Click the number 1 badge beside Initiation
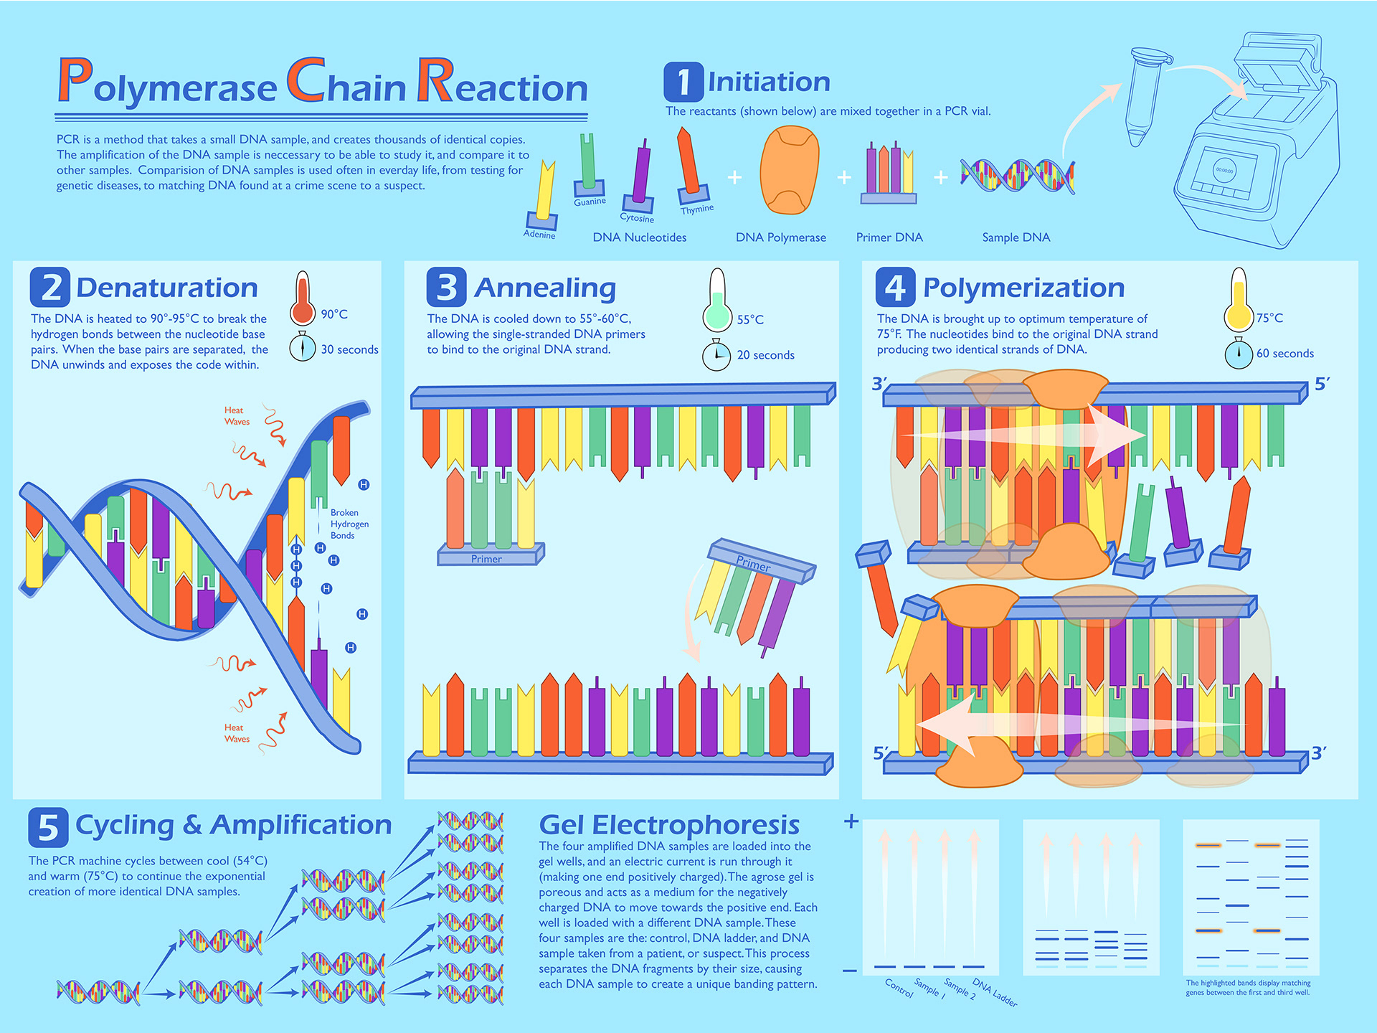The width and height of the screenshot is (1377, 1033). [x=683, y=82]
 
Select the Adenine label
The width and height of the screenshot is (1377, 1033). [x=539, y=235]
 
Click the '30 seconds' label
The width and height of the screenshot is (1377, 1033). [x=349, y=349]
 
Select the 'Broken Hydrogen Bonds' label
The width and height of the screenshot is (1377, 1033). [x=349, y=524]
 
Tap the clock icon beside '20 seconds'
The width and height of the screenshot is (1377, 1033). [x=716, y=355]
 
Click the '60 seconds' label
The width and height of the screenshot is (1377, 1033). [x=1285, y=353]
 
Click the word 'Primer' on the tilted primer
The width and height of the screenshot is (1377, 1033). [x=754, y=564]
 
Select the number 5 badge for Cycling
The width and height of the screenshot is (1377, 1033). [x=48, y=827]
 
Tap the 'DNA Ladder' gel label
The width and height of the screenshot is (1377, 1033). [x=995, y=992]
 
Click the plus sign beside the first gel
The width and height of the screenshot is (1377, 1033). [x=851, y=821]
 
